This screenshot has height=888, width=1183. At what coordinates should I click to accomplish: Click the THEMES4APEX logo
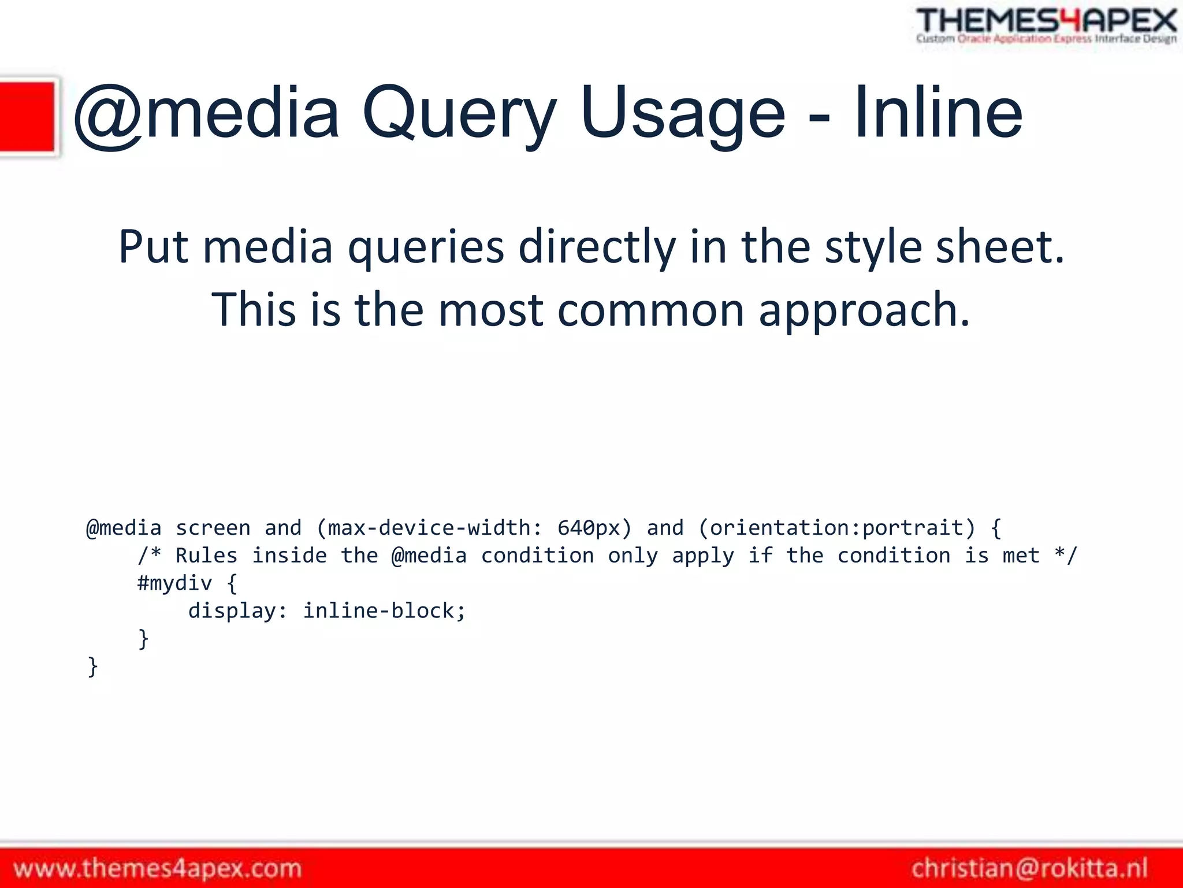(1046, 25)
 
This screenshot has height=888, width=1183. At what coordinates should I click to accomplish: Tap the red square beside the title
(27, 116)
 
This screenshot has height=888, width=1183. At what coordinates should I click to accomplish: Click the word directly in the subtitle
(597, 247)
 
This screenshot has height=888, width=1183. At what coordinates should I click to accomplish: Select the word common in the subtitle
(650, 310)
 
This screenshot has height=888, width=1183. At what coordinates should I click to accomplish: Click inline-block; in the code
(384, 611)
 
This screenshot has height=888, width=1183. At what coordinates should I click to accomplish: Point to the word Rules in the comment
(206, 556)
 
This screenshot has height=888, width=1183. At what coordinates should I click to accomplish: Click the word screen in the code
(213, 528)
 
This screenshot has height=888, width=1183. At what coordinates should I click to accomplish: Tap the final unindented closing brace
(92, 666)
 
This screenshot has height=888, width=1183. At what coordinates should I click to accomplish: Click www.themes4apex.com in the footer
(158, 868)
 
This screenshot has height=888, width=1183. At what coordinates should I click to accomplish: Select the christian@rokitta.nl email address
(1029, 868)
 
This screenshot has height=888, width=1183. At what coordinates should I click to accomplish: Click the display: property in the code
(237, 611)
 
